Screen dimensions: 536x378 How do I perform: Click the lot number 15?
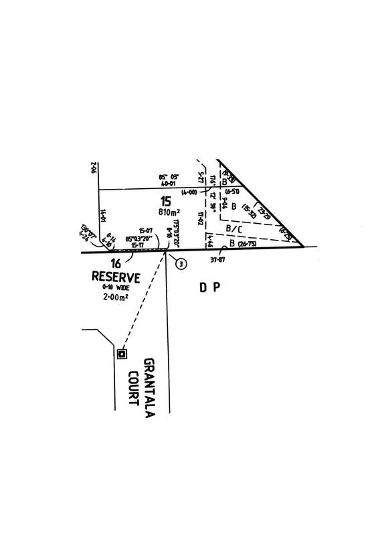(165, 200)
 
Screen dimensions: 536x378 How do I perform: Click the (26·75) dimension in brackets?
(247, 244)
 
